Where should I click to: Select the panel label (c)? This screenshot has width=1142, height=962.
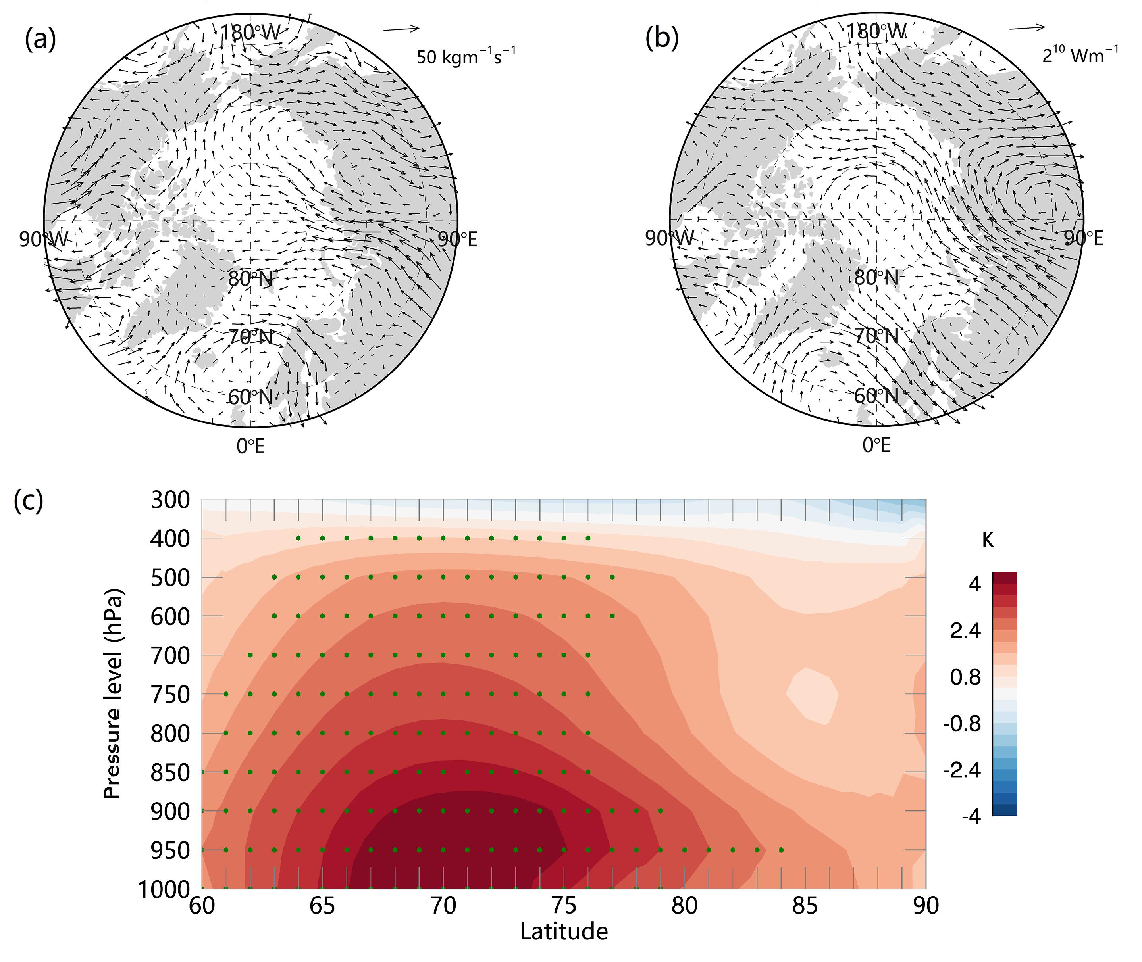pos(28,501)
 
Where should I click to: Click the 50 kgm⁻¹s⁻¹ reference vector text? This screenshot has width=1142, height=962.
pos(466,56)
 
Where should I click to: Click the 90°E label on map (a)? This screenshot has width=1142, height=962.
pos(457,239)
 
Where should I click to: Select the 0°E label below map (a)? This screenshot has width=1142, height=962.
pos(250,446)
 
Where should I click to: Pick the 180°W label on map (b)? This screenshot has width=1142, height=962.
pos(876,32)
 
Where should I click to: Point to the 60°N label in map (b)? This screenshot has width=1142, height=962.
pos(876,396)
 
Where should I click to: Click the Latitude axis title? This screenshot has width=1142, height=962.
pos(564,931)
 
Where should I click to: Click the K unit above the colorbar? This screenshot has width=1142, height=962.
pos(988,540)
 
